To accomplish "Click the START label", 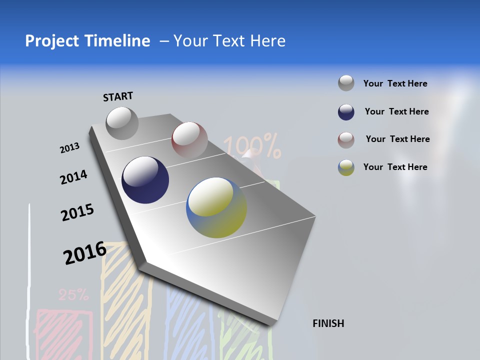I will (118, 96).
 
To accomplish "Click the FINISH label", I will (328, 323).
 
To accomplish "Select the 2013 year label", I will (69, 148).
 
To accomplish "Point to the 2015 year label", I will (77, 212).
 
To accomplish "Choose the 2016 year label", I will (84, 253).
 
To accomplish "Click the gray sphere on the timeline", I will (122, 123).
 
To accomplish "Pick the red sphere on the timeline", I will (189, 139).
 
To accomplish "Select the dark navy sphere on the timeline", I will (145, 180).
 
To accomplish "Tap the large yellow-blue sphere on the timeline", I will (216, 207).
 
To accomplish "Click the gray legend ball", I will (346, 83).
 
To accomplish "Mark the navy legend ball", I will (346, 112).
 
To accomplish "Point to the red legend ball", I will (346, 140).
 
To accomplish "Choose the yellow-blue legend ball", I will (346, 167).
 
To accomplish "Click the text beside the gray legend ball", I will (395, 83).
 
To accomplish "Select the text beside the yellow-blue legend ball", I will (395, 167).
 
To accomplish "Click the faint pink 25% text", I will (73, 295).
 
